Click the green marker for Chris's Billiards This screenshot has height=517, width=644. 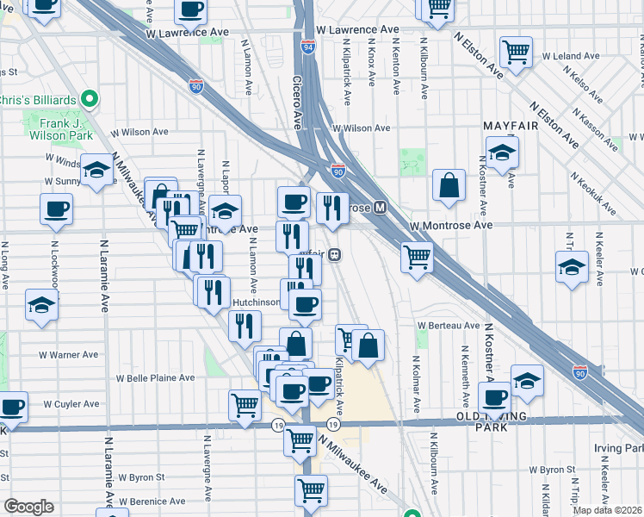pos(90,97)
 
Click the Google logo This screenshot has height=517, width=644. pos(28,507)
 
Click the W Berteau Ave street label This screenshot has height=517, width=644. pos(448,326)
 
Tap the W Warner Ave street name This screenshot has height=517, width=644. pos(69,355)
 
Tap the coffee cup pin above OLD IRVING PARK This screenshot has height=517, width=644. pos(495,397)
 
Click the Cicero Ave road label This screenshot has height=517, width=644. pos(300,98)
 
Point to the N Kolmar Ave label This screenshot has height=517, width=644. pos(415,383)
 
